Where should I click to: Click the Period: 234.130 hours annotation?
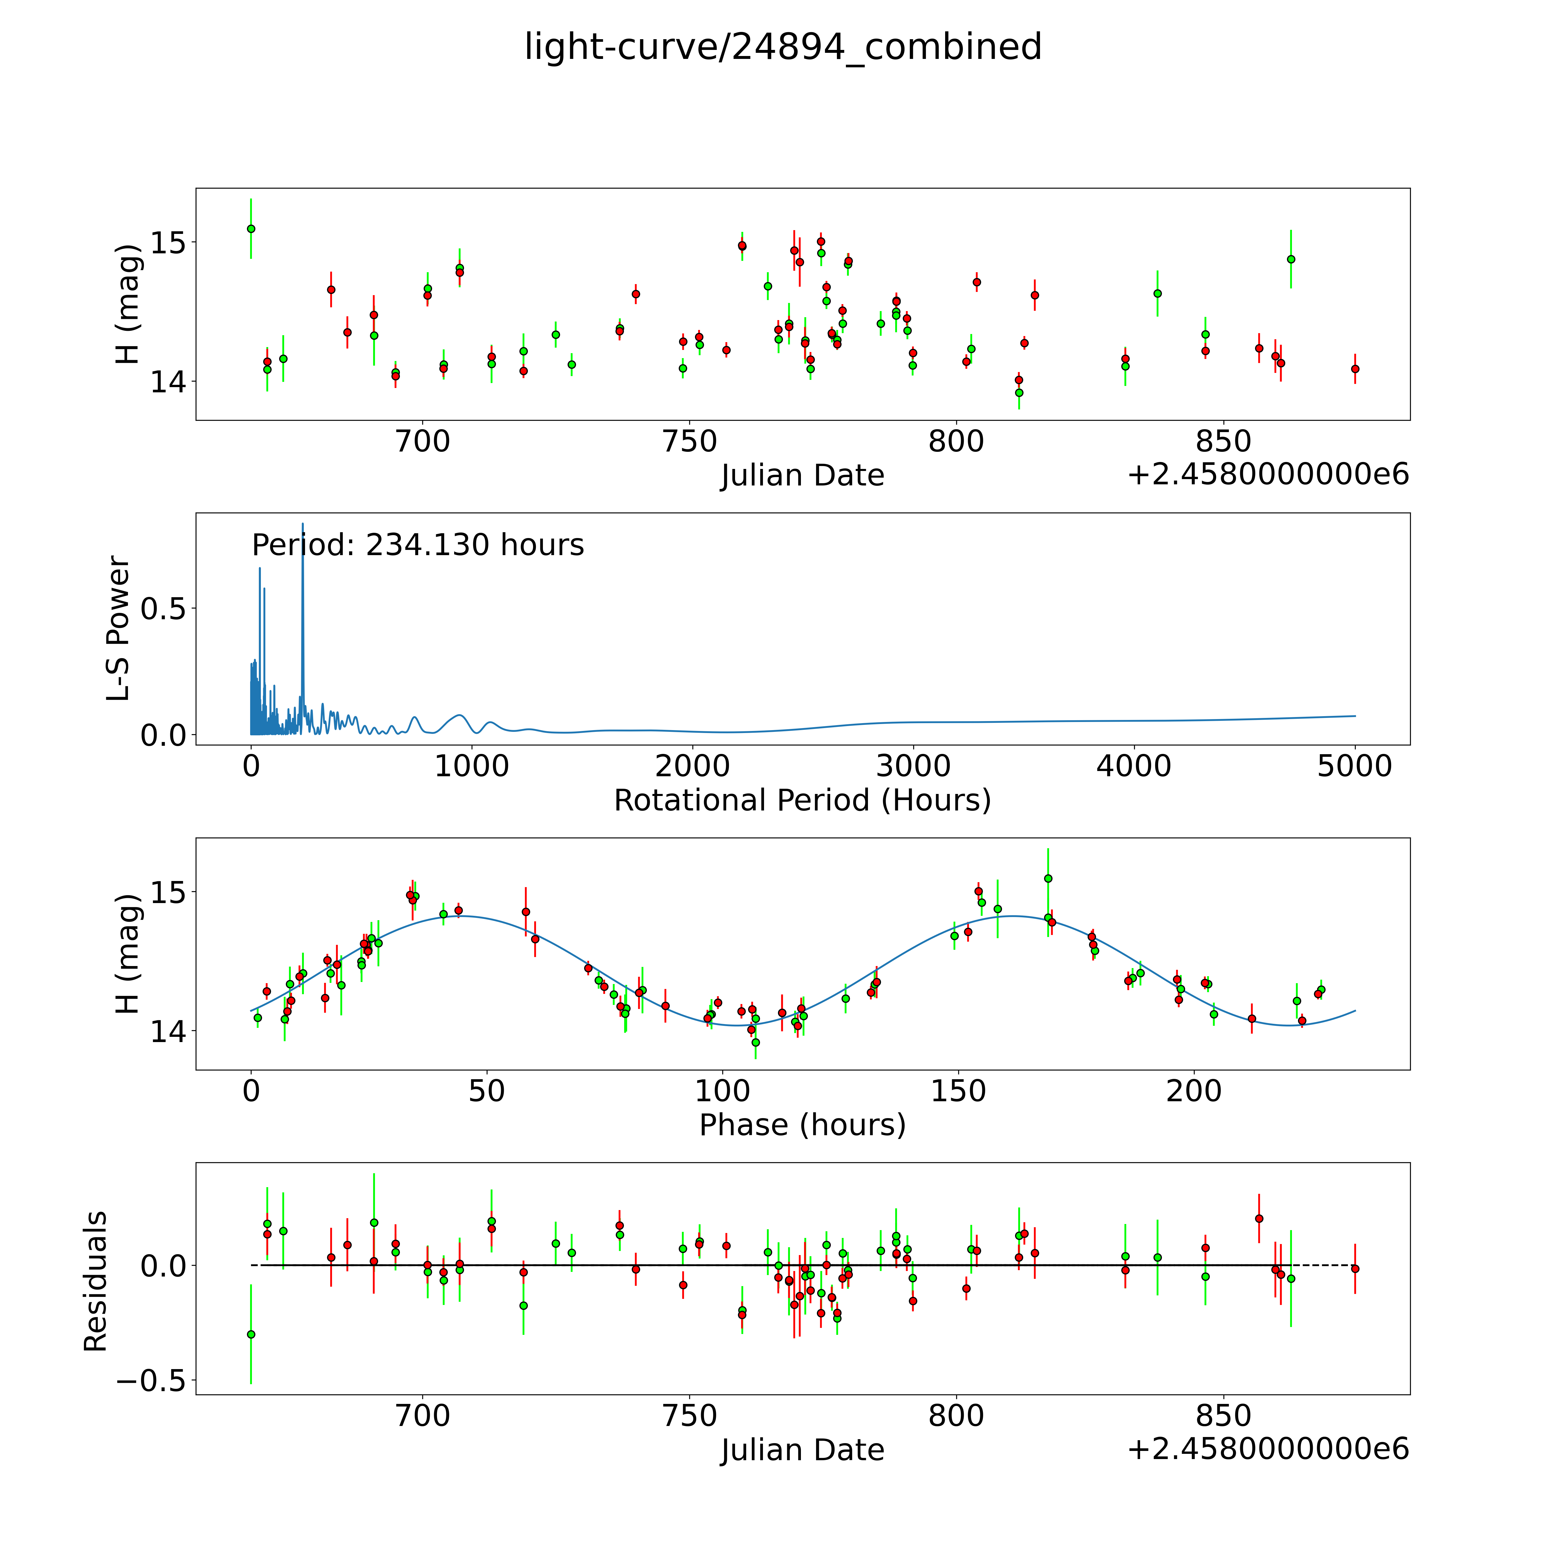(418, 545)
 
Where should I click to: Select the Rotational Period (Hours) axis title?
(802, 801)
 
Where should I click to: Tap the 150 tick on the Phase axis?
(958, 1091)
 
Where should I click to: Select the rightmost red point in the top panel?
(1355, 369)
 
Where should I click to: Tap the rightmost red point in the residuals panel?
(1355, 1268)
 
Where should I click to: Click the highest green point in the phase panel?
(1048, 878)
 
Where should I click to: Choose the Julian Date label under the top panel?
(802, 475)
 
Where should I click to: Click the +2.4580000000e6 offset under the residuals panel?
(1268, 1449)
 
